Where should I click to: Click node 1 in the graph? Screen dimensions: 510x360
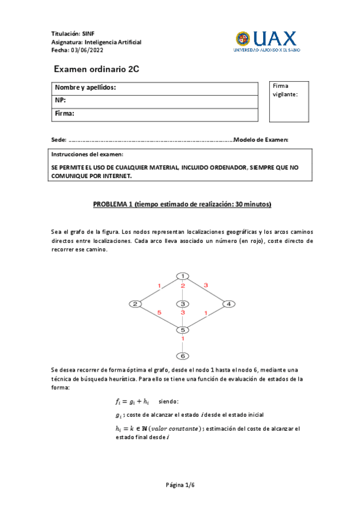coord(182,276)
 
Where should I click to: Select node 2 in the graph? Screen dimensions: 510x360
coord(136,304)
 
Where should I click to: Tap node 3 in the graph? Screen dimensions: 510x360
coord(182,304)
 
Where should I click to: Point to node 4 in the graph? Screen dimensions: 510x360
coord(228,304)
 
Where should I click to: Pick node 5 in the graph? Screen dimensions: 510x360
coord(182,330)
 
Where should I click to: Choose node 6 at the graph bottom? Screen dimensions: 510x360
coord(182,355)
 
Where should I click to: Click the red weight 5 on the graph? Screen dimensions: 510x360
coord(159,313)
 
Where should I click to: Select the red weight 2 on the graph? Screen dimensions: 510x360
coord(183,286)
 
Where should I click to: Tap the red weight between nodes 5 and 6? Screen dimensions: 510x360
coord(183,339)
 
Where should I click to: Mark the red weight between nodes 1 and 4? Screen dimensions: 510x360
coord(206,284)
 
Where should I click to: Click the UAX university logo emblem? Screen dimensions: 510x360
coord(243,39)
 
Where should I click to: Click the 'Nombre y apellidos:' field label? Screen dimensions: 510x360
coord(85,88)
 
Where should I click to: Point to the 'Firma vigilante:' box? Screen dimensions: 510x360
coord(290,101)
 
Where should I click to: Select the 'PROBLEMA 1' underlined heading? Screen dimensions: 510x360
coord(182,204)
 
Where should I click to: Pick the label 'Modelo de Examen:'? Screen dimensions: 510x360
coord(261,140)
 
